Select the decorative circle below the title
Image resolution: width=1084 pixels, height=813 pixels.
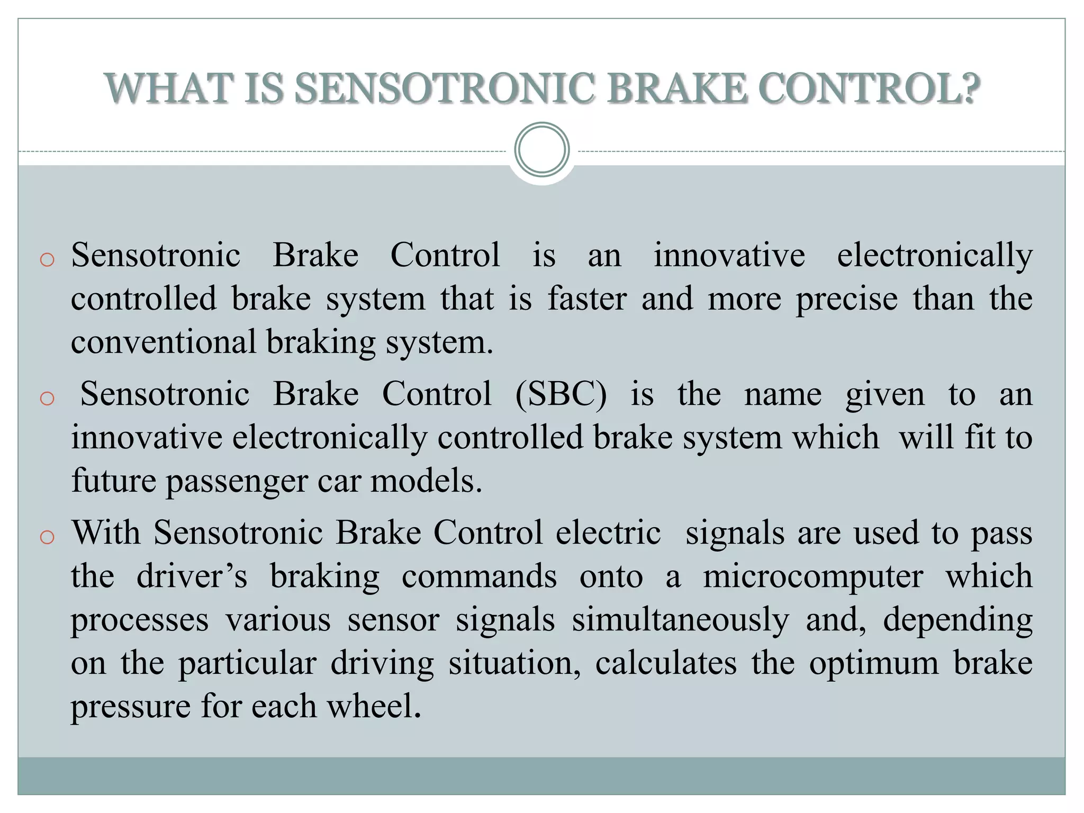coord(541,150)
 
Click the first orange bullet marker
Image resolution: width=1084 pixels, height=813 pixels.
coord(47,260)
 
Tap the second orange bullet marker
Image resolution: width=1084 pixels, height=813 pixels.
coord(47,398)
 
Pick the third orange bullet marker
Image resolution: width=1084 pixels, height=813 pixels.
coord(47,537)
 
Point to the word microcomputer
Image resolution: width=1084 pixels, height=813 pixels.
coord(813,577)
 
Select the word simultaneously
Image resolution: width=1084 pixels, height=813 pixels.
coord(680,620)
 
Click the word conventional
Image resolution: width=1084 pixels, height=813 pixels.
coord(164,342)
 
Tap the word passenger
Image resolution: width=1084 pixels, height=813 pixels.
coord(237,482)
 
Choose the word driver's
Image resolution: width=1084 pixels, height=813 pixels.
coord(192,576)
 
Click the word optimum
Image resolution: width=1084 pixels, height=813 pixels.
coord(874,663)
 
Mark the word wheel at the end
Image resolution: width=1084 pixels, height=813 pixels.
coord(374,707)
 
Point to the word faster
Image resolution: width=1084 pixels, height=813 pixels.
coord(587,299)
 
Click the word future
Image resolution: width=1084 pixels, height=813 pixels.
coord(114,481)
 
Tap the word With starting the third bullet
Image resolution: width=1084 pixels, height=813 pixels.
coord(106,532)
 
